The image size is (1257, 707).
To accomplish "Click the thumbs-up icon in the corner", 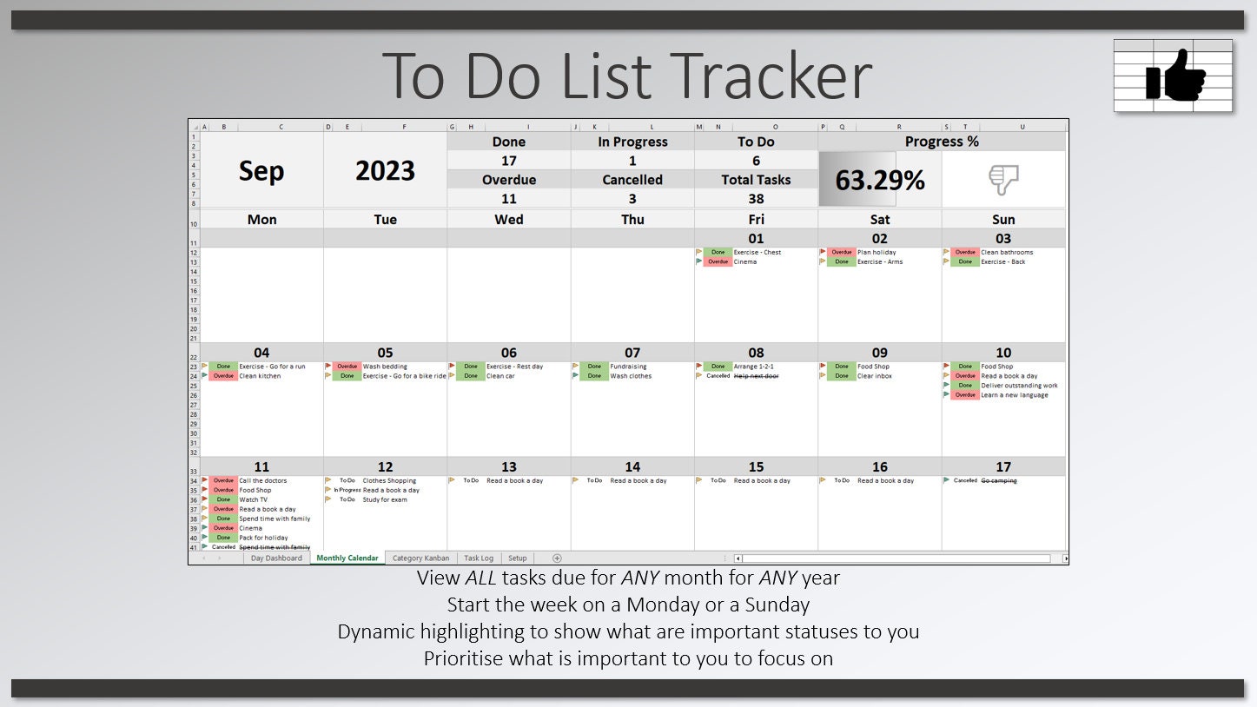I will point(1174,76).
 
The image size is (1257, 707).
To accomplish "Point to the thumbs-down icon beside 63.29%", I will point(1003,180).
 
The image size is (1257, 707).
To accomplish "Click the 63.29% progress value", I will point(879,180).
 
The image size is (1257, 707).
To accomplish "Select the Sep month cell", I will point(261,171).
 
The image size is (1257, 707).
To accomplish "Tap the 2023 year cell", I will point(385,171).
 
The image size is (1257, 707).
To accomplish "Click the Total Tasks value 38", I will point(756,199).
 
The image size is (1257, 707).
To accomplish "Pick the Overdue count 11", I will point(509,199).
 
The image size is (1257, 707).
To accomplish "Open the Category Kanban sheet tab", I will point(420,558).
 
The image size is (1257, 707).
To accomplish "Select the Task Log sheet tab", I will point(479,558).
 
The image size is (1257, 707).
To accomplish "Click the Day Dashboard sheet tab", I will point(276,558).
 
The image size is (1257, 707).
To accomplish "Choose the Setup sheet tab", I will point(518,558).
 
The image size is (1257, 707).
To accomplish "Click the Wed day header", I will point(509,220).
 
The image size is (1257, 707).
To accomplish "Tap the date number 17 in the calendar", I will point(1003,467).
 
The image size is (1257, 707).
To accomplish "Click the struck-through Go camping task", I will point(999,480).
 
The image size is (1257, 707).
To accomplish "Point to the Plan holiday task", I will point(877,253).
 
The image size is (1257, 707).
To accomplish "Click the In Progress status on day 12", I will point(347,490).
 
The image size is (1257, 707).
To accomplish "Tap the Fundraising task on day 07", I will point(628,367).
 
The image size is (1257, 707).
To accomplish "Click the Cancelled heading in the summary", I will point(632,180).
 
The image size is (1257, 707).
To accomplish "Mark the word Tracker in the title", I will point(773,76).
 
